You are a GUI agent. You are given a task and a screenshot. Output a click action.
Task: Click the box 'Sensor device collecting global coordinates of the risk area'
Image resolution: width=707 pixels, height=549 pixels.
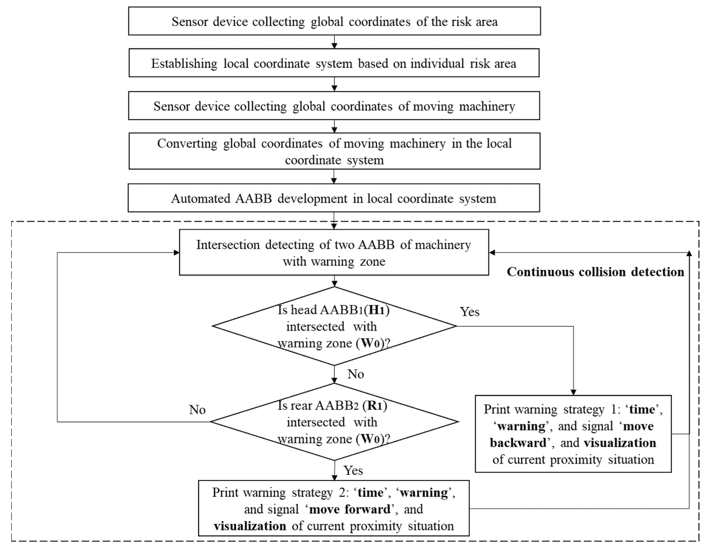pyautogui.click(x=334, y=21)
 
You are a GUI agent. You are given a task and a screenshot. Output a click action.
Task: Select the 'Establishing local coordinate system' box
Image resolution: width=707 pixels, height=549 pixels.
pyautogui.click(x=334, y=63)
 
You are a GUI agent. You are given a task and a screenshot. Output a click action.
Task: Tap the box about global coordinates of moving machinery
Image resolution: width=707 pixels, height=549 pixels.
pyautogui.click(x=334, y=106)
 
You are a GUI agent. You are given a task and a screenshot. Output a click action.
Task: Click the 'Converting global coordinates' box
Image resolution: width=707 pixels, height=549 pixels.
pyautogui.click(x=334, y=151)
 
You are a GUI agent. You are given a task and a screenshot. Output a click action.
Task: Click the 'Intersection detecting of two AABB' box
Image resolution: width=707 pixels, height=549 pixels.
pyautogui.click(x=334, y=253)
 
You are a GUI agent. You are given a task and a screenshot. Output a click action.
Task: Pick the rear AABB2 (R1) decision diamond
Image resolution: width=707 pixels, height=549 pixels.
pyautogui.click(x=334, y=422)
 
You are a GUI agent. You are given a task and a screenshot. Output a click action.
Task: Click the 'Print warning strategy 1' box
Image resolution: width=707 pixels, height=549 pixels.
pyautogui.click(x=573, y=434)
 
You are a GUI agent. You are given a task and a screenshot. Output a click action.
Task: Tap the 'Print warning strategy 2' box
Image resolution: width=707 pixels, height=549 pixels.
pyautogui.click(x=334, y=509)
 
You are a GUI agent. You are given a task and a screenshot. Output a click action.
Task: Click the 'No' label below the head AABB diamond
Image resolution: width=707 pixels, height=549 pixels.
pyautogui.click(x=355, y=374)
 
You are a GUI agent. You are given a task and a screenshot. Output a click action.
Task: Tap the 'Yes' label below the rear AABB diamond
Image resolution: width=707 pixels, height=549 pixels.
pyautogui.click(x=353, y=470)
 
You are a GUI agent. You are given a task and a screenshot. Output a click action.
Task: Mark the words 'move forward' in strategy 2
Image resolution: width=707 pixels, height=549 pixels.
pyautogui.click(x=350, y=509)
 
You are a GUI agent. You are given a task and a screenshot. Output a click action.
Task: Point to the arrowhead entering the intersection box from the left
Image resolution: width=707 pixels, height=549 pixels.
pyautogui.click(x=176, y=253)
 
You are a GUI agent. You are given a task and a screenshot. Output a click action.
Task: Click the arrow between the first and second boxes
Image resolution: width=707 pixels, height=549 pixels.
pyautogui.click(x=334, y=42)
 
